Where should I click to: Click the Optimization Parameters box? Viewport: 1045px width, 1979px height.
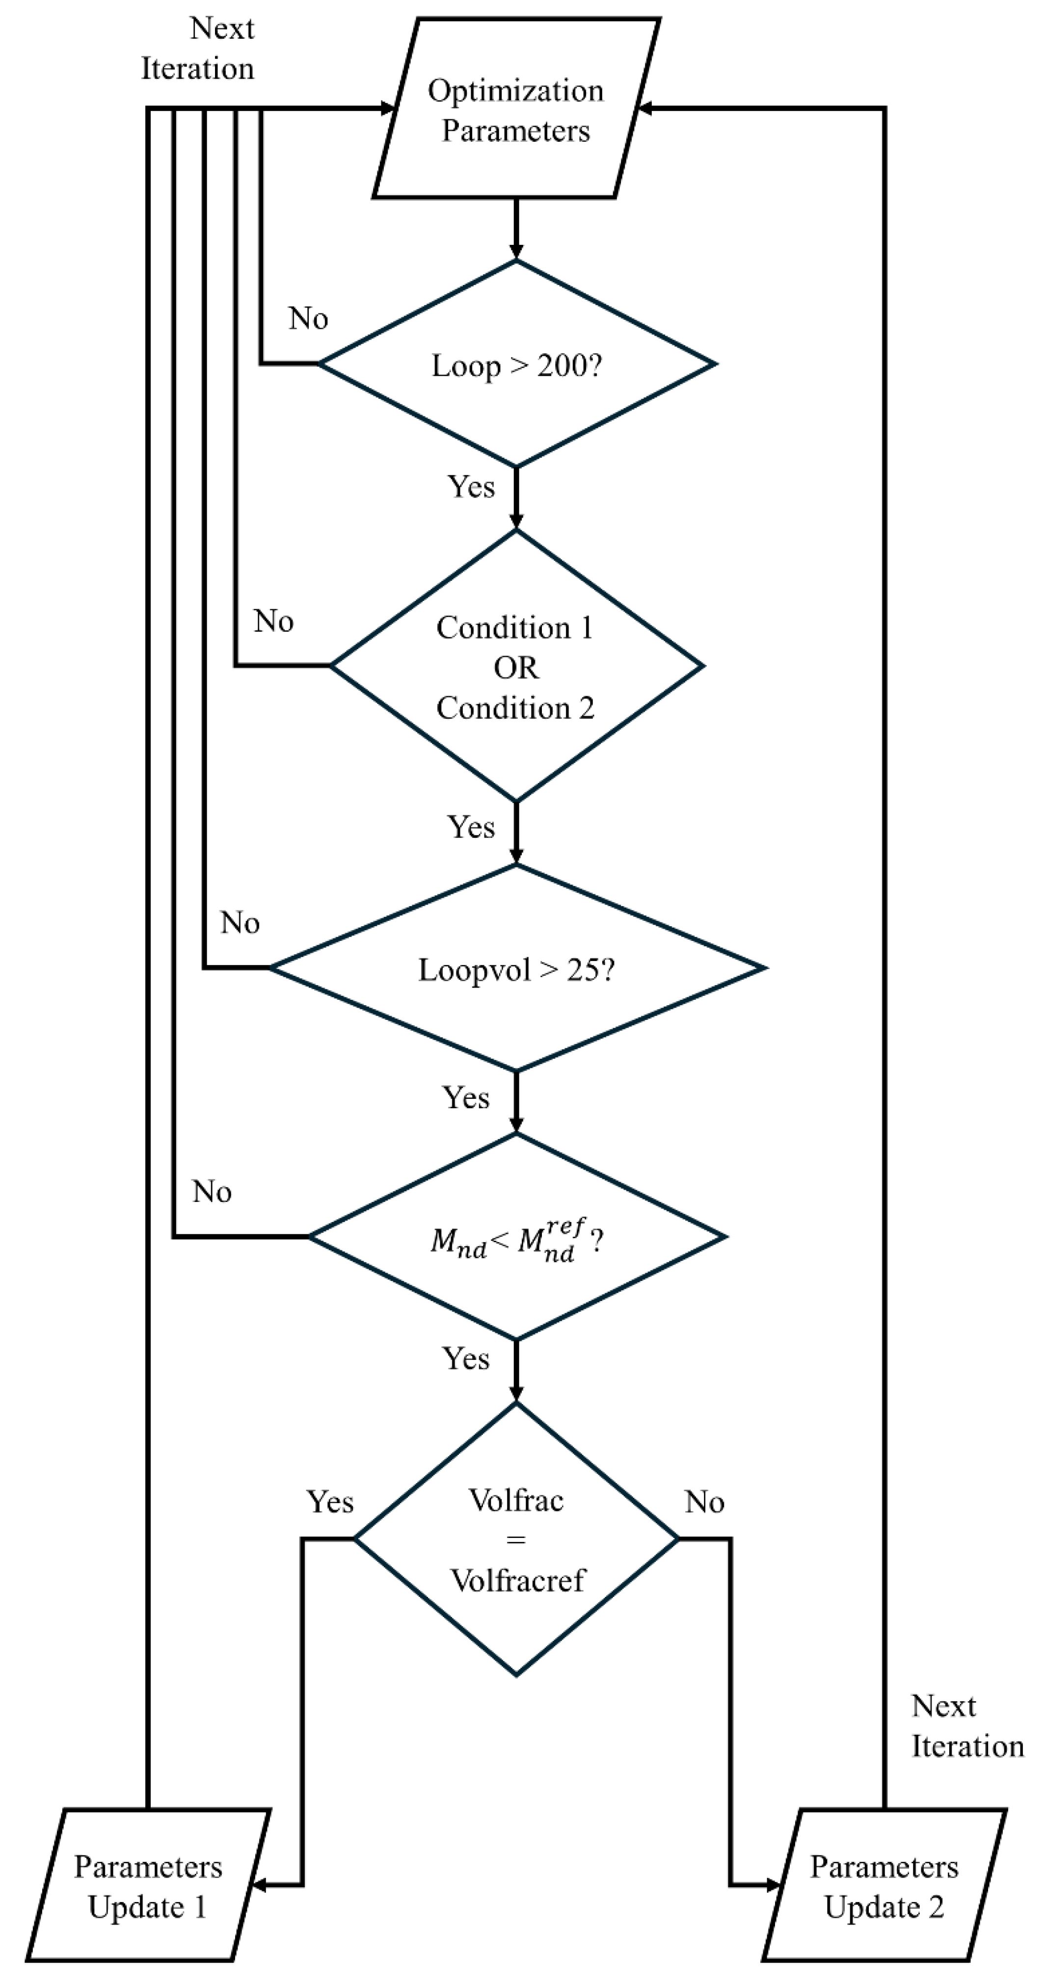[515, 109]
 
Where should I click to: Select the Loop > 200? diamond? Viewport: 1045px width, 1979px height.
[516, 364]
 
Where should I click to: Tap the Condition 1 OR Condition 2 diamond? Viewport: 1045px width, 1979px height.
[516, 666]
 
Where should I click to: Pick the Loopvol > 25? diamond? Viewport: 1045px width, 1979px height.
[516, 969]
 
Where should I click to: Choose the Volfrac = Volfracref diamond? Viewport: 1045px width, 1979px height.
[516, 1539]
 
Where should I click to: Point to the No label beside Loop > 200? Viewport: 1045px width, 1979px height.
[308, 318]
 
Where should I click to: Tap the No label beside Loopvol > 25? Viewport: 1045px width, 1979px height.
[240, 923]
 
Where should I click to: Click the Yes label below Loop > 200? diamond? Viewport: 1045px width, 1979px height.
[470, 486]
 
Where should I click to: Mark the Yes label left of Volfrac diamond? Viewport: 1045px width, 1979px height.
[330, 1502]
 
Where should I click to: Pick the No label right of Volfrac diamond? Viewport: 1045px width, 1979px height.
[704, 1502]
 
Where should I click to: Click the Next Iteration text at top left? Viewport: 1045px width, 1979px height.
[198, 49]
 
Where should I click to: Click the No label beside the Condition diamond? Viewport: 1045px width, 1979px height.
[273, 621]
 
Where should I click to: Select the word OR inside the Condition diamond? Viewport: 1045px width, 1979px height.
[516, 668]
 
